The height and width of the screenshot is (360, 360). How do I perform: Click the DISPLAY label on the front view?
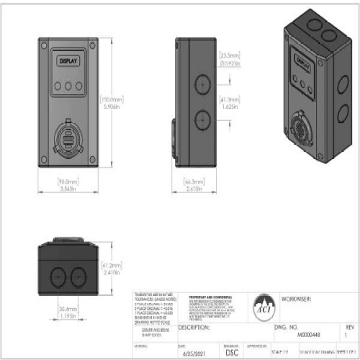69,62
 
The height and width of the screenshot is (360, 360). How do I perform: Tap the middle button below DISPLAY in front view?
69,84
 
